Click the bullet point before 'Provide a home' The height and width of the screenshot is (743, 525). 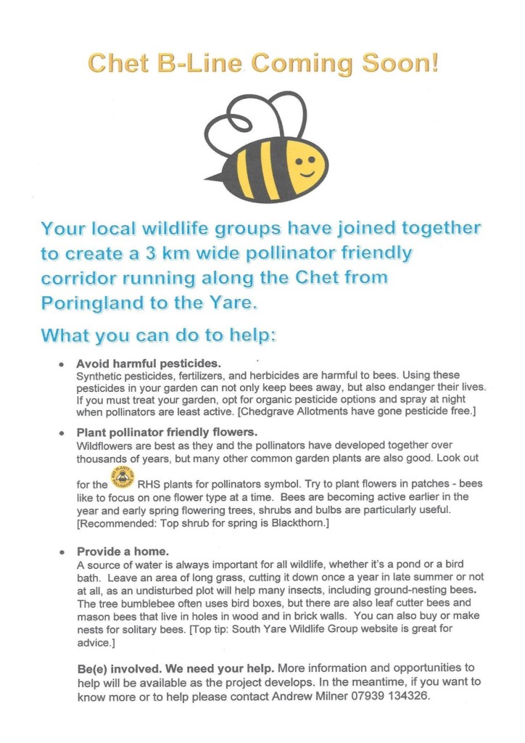click(x=62, y=552)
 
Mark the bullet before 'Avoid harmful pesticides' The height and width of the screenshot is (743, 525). click(x=62, y=363)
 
